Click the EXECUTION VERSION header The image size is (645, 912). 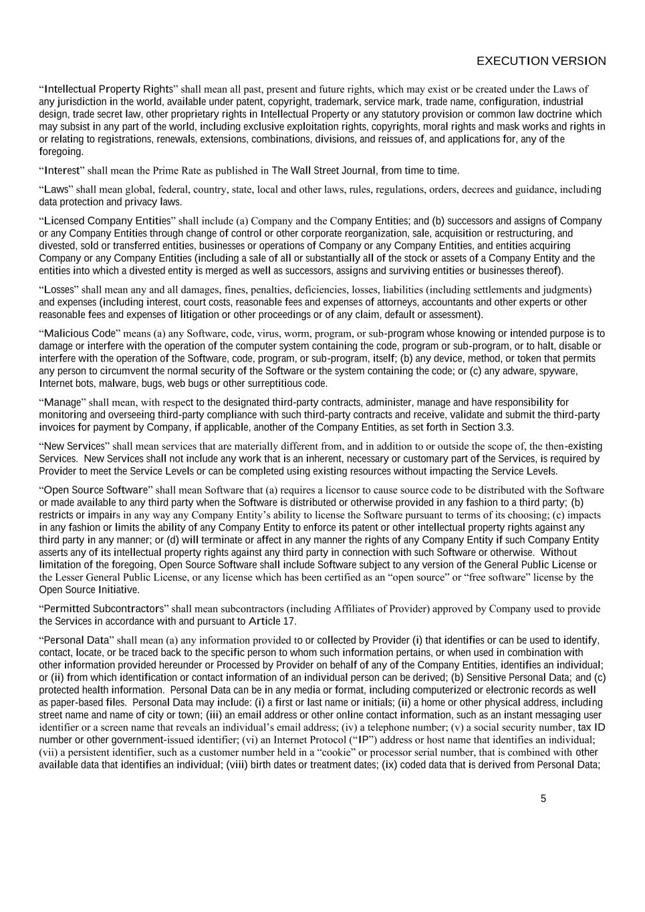541,61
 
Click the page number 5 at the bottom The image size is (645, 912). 543,798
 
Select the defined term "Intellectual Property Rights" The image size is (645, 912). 108,89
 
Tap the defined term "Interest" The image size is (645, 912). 62,170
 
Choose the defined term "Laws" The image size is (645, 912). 57,189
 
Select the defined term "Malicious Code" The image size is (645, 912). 80,333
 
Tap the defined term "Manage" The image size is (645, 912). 62,402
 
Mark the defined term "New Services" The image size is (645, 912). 74,446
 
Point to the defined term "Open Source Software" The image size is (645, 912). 96,490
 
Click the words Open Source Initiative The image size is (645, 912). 89,590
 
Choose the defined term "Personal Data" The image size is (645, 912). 77,640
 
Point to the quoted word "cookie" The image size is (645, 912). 338,752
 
